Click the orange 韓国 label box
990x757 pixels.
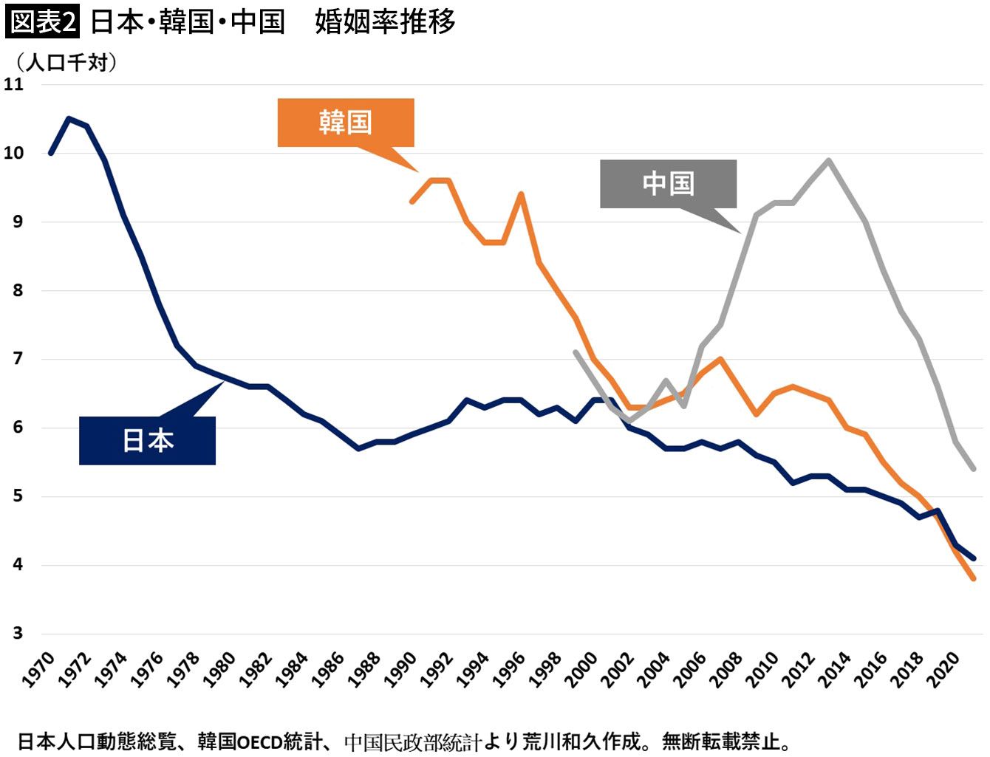click(x=345, y=123)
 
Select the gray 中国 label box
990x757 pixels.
click(x=668, y=184)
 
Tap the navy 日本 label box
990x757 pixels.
click(x=147, y=441)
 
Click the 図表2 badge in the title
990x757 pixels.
click(x=42, y=21)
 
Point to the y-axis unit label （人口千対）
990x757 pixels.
click(x=66, y=62)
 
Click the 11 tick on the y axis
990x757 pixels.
click(x=14, y=84)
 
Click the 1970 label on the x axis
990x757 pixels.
click(x=39, y=669)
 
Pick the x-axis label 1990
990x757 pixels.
click(x=401, y=669)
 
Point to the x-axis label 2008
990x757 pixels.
click(x=727, y=669)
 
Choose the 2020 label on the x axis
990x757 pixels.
click(x=944, y=669)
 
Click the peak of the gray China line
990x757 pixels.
click(x=829, y=160)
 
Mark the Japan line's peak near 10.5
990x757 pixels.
click(x=69, y=118)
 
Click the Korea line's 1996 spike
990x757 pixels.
click(x=522, y=194)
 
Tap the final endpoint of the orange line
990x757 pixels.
click(x=974, y=578)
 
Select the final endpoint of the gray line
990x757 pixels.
click(x=974, y=468)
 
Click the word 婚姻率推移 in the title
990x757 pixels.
click(x=385, y=21)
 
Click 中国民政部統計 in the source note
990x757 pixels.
click(x=412, y=741)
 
